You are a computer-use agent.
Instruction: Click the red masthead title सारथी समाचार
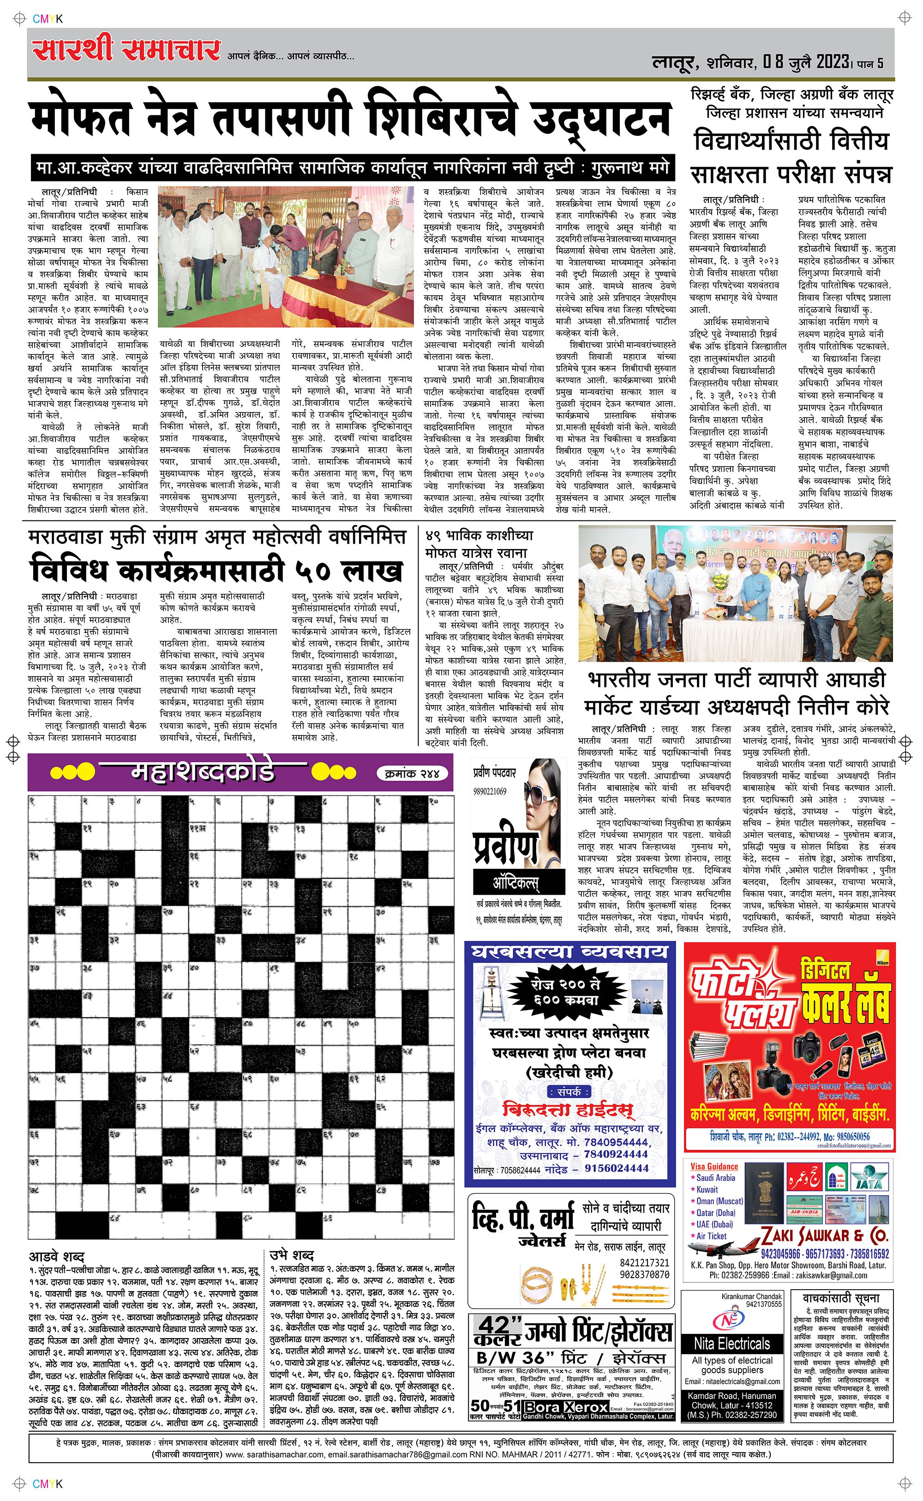click(126, 50)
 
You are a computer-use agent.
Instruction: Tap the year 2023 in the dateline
click(832, 62)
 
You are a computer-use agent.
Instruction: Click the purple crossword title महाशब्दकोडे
click(203, 772)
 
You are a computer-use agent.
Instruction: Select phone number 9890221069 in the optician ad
click(490, 791)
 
